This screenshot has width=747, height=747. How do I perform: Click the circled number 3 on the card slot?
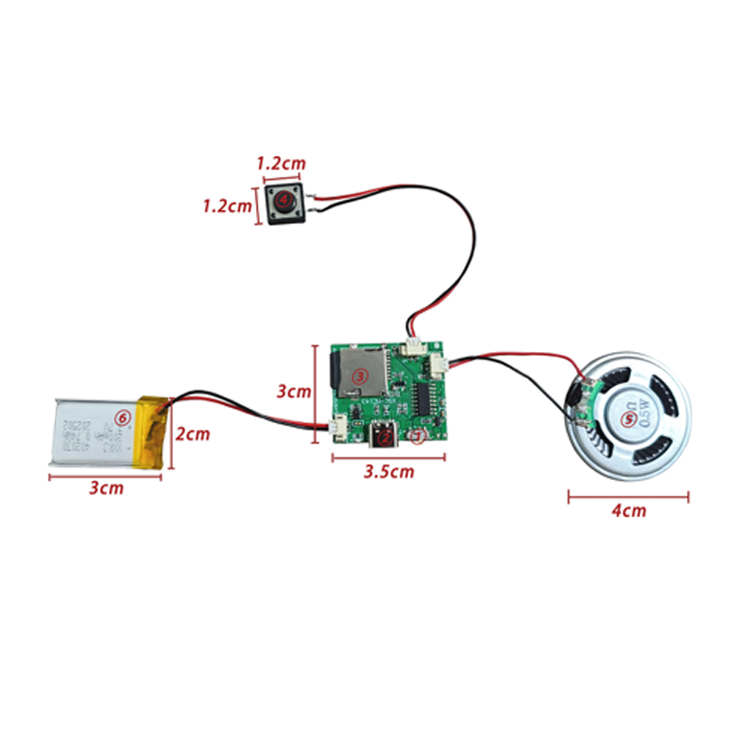(358, 375)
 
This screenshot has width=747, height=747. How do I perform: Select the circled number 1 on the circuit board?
(418, 435)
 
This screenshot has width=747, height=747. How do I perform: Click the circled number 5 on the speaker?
(629, 417)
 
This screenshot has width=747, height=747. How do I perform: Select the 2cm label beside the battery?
(193, 434)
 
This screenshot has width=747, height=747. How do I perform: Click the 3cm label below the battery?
(106, 487)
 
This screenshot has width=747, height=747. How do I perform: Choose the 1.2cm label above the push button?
(280, 163)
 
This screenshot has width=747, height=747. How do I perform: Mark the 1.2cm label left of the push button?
(228, 204)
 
